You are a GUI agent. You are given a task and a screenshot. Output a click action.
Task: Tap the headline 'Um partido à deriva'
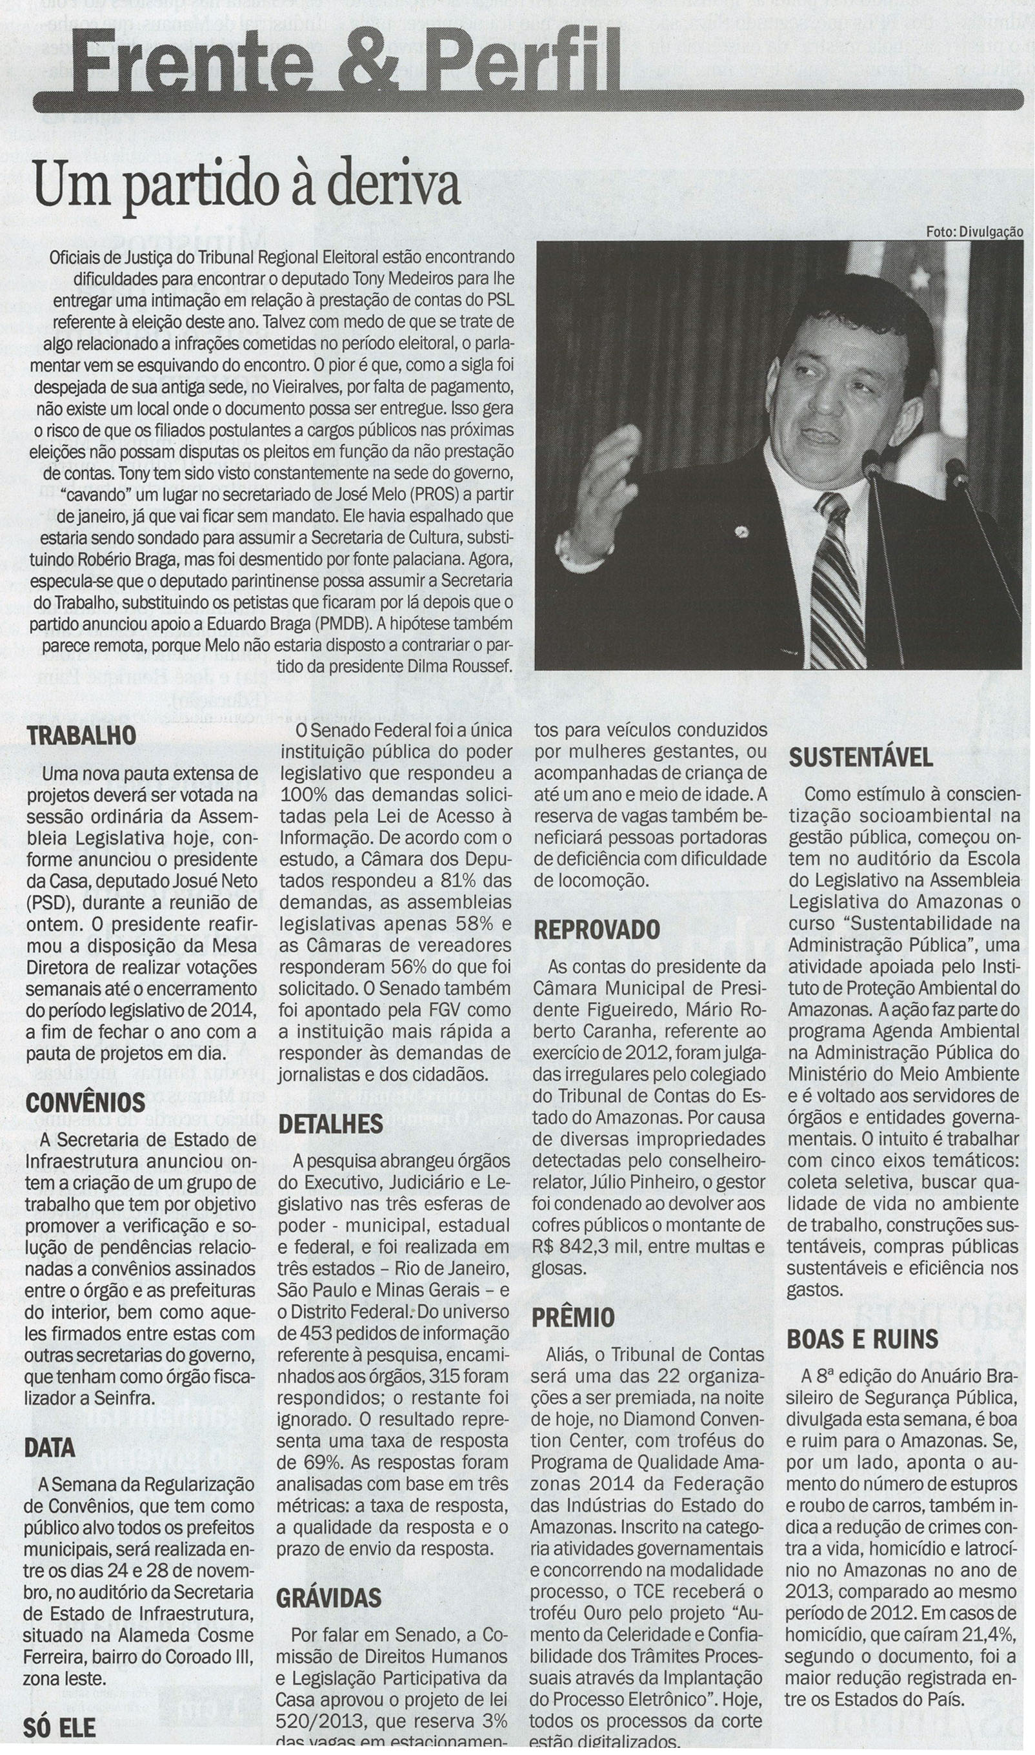pos(248,185)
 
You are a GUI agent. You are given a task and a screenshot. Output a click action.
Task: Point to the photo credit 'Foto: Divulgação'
pos(974,231)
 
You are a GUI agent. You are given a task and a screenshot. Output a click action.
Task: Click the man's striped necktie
pos(837,579)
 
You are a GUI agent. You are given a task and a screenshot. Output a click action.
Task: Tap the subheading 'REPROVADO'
pos(596,930)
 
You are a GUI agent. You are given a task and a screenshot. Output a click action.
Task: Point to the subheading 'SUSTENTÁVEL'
pos(861,757)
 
